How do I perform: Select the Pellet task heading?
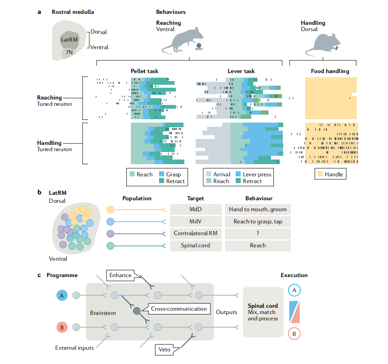144,71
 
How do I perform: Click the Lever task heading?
241,71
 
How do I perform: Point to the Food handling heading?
330,71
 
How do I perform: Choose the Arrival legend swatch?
208,174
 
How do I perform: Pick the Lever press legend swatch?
238,174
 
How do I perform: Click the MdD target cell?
196,209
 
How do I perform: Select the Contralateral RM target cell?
196,233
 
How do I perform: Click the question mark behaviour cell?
258,233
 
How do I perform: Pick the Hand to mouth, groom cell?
258,209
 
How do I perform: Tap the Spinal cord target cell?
196,246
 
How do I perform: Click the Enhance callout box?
120,275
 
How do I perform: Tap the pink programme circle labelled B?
61,327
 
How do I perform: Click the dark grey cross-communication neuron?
137,311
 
